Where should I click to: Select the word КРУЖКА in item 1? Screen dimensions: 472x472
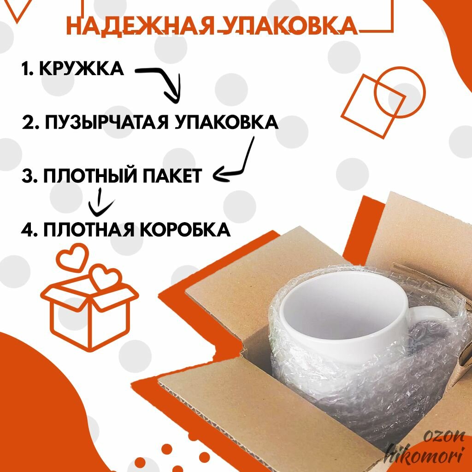tap(82, 69)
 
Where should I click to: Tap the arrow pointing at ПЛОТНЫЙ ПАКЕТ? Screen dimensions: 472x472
tap(237, 161)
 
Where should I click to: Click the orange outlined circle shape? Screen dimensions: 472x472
tap(399, 92)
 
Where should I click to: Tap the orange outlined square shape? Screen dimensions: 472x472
tap(373, 106)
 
